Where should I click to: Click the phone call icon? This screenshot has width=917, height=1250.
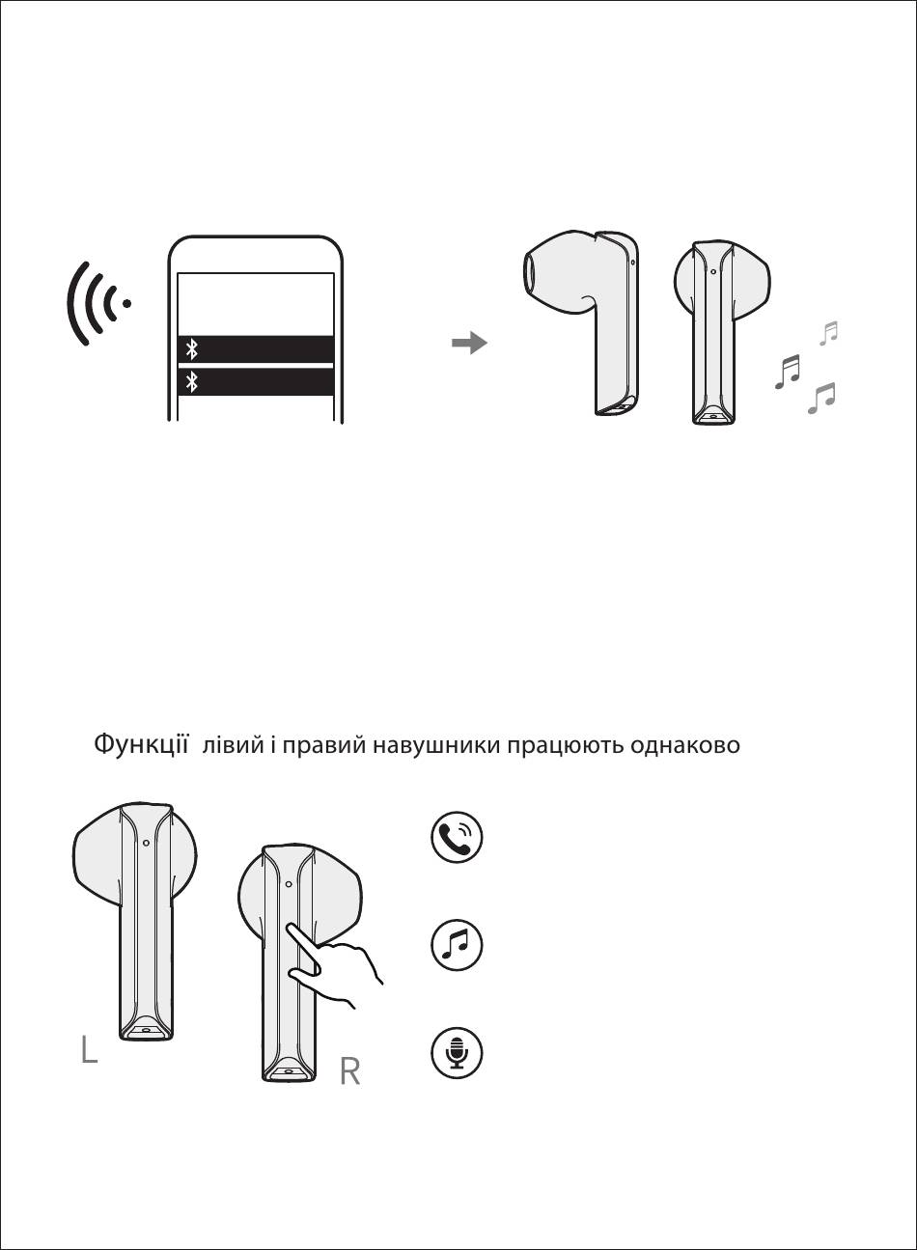pyautogui.click(x=457, y=837)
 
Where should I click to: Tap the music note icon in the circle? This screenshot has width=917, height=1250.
pyautogui.click(x=457, y=945)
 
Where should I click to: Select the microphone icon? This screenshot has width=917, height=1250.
pyautogui.click(x=457, y=1052)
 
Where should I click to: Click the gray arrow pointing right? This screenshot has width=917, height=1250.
pyautogui.click(x=469, y=343)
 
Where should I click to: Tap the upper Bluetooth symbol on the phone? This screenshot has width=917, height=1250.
pyautogui.click(x=192, y=349)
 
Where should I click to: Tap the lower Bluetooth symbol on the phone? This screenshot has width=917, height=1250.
pyautogui.click(x=192, y=382)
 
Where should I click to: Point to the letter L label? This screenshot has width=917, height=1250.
pyautogui.click(x=90, y=1049)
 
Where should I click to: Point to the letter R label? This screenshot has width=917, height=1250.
pyautogui.click(x=350, y=1072)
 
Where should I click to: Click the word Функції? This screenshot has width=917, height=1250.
pyautogui.click(x=141, y=745)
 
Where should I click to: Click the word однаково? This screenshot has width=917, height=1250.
pyautogui.click(x=685, y=745)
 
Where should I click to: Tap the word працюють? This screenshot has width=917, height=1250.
pyautogui.click(x=566, y=745)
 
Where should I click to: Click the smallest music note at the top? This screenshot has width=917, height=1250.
pyautogui.click(x=829, y=333)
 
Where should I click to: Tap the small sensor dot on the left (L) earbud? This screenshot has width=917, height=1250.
pyautogui.click(x=146, y=843)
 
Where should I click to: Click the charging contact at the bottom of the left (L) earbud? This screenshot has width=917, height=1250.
pyautogui.click(x=146, y=1031)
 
